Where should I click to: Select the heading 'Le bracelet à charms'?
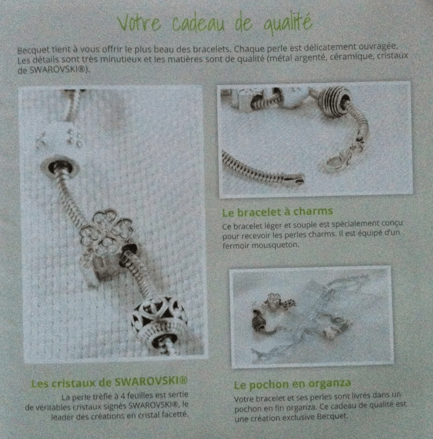[x=278, y=212]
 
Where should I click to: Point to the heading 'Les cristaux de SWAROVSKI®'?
[x=109, y=382]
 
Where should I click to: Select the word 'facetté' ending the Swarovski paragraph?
[x=175, y=414]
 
